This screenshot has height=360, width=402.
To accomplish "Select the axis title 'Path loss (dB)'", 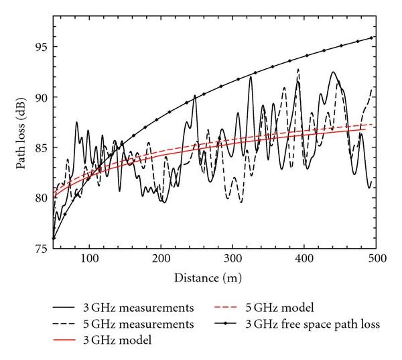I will pos(22,138).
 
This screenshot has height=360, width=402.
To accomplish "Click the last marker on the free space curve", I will pos(371,38).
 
